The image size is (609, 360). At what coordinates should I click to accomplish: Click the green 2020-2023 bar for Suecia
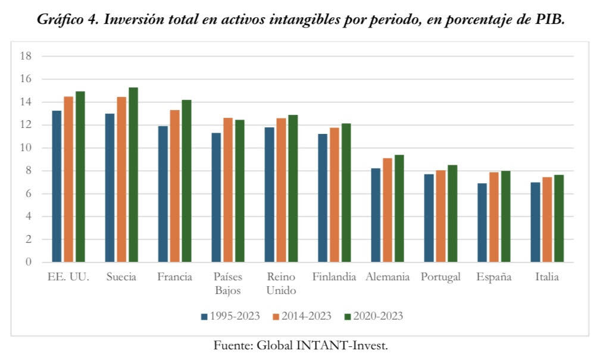pyautogui.click(x=133, y=175)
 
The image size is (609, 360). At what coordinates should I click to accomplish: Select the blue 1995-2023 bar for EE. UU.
pyautogui.click(x=57, y=186)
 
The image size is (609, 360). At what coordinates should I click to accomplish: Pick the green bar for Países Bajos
pyautogui.click(x=239, y=191)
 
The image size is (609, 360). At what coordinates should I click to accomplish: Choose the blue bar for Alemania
pyautogui.click(x=376, y=215)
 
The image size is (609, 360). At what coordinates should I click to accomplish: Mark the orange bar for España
pyautogui.click(x=494, y=217)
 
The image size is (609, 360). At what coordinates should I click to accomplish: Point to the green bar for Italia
pyautogui.click(x=558, y=218)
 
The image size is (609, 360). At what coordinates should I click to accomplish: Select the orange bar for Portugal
pyautogui.click(x=441, y=216)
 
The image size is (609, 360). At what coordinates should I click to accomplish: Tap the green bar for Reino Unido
pyautogui.click(x=293, y=189)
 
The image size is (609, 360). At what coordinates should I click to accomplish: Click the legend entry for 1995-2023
pyautogui.click(x=230, y=316)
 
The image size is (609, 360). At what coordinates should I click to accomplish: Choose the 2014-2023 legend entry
pyautogui.click(x=302, y=316)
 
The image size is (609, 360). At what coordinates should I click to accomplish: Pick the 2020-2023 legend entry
pyautogui.click(x=373, y=316)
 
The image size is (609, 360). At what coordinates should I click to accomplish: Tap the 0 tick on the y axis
pyautogui.click(x=28, y=262)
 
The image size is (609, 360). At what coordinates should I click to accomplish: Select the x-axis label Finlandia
pyautogui.click(x=334, y=277)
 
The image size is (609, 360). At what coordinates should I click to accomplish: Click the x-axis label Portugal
pyautogui.click(x=441, y=277)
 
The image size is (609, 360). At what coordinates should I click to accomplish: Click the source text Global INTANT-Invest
pyautogui.click(x=322, y=346)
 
